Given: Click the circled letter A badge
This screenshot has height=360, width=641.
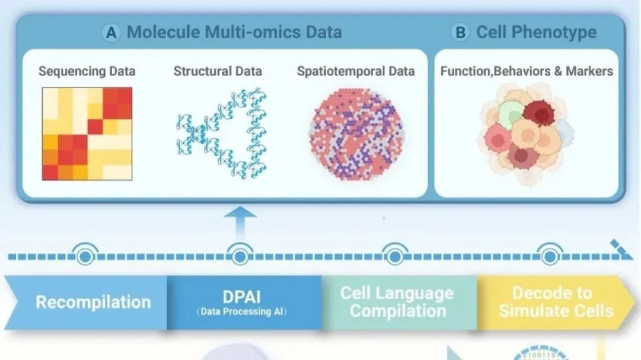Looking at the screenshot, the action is (111, 33).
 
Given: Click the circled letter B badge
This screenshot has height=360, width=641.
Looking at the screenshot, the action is (460, 32).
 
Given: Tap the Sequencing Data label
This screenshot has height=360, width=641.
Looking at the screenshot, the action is (87, 71).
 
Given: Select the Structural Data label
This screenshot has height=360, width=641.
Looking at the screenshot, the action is (218, 71).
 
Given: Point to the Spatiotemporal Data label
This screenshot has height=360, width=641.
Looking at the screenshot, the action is (356, 71).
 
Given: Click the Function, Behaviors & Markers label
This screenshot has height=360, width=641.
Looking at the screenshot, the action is (527, 71).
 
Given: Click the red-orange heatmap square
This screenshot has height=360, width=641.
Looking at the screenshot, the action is (87, 134).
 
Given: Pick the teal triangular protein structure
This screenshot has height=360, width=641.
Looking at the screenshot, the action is (222, 134).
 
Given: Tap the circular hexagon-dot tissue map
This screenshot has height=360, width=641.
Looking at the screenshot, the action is (357, 134).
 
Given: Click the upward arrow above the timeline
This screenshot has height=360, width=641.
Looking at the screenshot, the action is (240, 222).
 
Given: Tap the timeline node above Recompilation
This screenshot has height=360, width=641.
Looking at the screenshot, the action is (85, 256).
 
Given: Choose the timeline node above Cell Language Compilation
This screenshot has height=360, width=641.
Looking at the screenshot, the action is (395, 256).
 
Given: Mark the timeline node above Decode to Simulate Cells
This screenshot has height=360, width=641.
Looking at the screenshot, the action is (550, 256).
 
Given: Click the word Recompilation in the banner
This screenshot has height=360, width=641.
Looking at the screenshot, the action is (93, 303).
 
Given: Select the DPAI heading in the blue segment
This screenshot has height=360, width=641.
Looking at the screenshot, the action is (242, 297).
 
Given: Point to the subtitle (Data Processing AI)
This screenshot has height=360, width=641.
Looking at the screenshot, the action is (242, 312).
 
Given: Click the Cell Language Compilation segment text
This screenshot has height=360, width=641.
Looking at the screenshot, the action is (397, 302).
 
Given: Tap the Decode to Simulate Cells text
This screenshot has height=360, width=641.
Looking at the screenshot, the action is (556, 302).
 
